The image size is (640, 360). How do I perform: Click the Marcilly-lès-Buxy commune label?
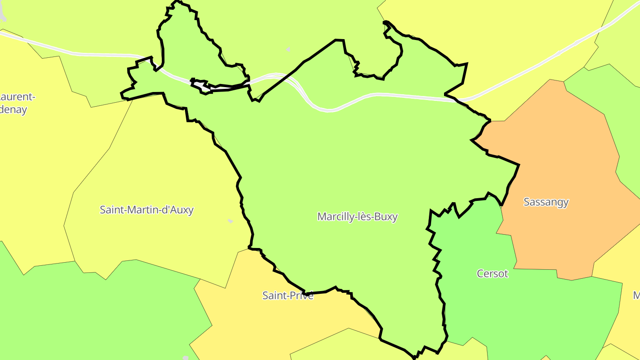click(357, 217)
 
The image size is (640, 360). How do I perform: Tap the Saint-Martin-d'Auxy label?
click(147, 210)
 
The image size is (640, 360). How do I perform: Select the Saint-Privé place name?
click(288, 296)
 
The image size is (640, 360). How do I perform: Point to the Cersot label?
click(492, 274)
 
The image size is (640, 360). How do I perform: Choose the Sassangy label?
click(546, 202)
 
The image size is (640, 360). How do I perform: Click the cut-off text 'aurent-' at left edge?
click(17, 97)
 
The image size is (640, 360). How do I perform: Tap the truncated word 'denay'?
click(13, 110)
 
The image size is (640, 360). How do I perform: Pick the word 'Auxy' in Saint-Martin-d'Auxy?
click(180, 210)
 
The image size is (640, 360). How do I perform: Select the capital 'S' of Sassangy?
click(527, 202)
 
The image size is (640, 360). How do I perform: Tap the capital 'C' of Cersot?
click(480, 274)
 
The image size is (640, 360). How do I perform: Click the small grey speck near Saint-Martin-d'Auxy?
click(230, 221)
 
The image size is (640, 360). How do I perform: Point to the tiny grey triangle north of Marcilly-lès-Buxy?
click(288, 49)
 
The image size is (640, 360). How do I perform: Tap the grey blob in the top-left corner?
click(3, 13)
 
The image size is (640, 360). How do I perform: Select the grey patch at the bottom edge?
click(186, 358)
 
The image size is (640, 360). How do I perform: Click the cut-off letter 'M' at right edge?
click(636, 296)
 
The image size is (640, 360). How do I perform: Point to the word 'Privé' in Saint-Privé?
click(302, 296)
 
